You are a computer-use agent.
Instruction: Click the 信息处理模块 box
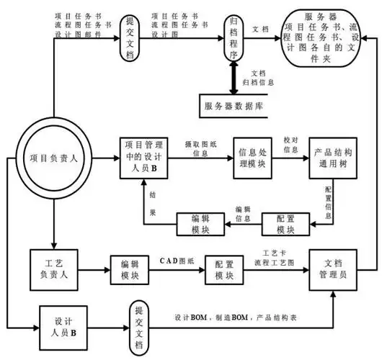(253, 158)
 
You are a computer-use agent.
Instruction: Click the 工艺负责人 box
(53, 268)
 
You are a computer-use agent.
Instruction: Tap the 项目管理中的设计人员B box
(145, 158)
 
